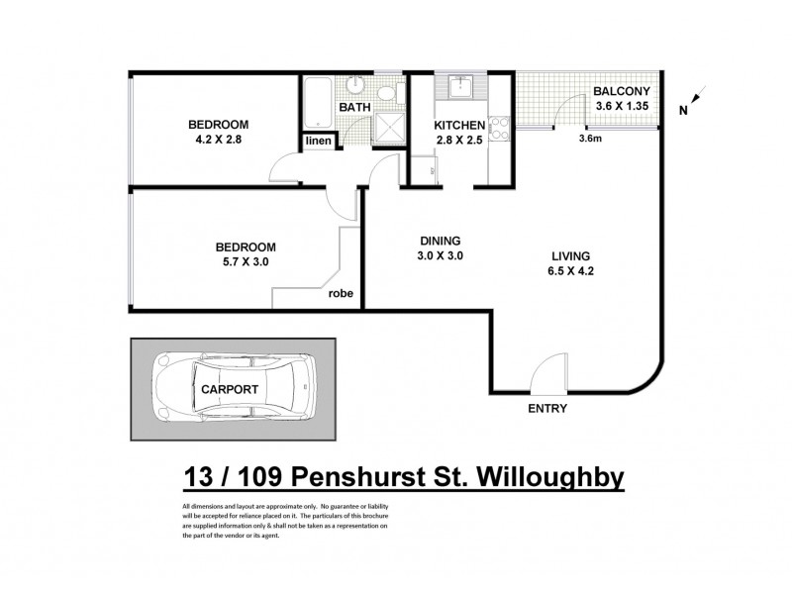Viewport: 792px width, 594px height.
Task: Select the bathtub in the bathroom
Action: [x=319, y=100]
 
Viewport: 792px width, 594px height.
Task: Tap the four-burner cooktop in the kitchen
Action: [x=498, y=128]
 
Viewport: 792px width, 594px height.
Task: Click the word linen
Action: [x=319, y=142]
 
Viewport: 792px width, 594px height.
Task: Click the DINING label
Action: [x=439, y=241]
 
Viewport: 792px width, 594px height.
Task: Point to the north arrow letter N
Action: [x=682, y=111]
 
